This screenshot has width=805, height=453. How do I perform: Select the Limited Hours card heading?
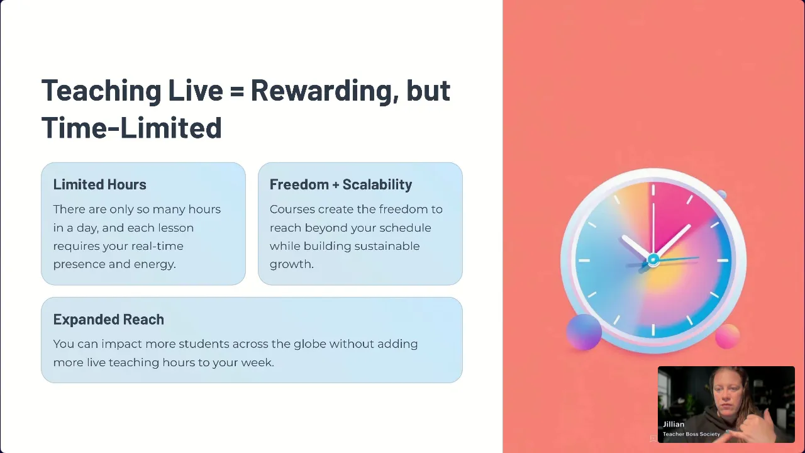[x=99, y=184]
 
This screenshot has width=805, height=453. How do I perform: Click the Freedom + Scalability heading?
[x=341, y=184]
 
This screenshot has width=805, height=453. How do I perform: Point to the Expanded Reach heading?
[x=109, y=319]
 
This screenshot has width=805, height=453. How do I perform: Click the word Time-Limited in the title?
[x=131, y=127]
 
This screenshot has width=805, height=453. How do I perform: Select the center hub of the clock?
[x=653, y=260]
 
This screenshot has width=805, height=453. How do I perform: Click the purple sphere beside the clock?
[x=584, y=332]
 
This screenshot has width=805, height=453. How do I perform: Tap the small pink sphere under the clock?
[x=728, y=336]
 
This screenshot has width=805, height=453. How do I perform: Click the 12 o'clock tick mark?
[x=653, y=190]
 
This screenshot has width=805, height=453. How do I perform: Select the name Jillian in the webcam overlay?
[x=674, y=424]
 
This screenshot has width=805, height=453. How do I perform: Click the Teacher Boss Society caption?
[x=691, y=434]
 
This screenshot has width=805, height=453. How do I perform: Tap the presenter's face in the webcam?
[x=726, y=395]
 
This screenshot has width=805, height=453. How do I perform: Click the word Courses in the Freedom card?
[x=292, y=210]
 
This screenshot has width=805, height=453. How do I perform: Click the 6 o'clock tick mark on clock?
[x=653, y=330]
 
